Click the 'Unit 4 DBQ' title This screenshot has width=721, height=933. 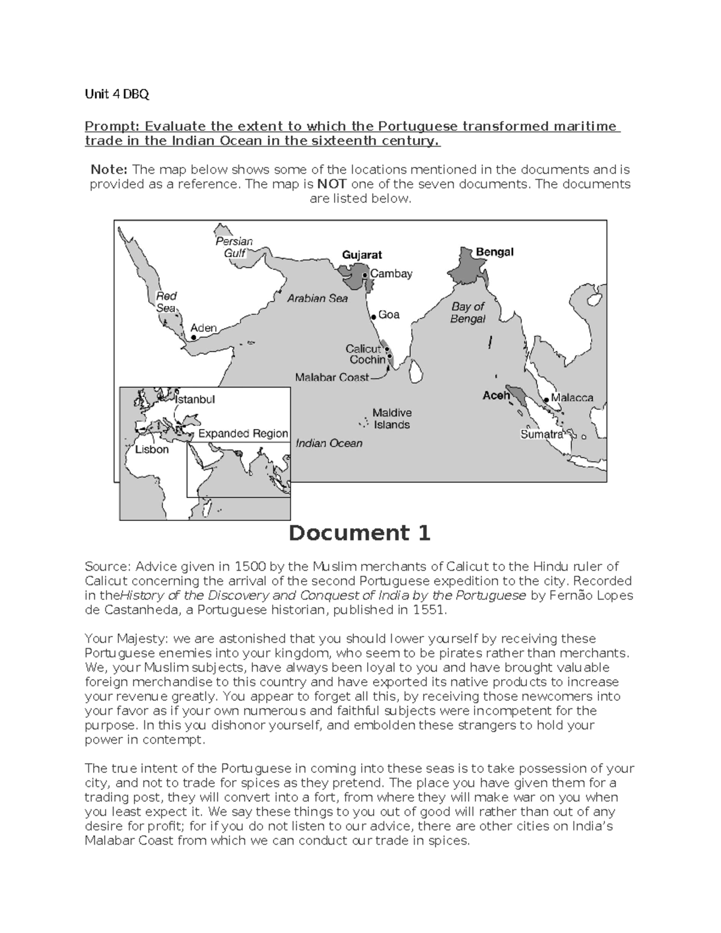coord(117,94)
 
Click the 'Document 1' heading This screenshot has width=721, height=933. coord(359,533)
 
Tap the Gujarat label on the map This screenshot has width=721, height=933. coord(362,255)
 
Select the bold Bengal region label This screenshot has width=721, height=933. coord(494,252)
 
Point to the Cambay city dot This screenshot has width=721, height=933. coord(366,275)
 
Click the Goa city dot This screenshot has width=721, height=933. coord(373,315)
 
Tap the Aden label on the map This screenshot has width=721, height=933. coord(203,328)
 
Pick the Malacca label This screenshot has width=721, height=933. coord(571,398)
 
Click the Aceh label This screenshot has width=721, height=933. coord(496,395)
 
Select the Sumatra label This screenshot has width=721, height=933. coord(541,434)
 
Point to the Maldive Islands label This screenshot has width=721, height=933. coord(392,419)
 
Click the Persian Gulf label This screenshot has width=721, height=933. coord(234,247)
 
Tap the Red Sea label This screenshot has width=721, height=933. coord(166,302)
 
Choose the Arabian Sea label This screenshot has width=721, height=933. coord(317,298)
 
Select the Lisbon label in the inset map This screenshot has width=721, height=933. coord(151,449)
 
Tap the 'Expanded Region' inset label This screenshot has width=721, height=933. coord(243,433)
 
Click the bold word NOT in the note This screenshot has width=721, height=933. coord(332,184)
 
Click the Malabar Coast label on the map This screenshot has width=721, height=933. coord(332,378)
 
